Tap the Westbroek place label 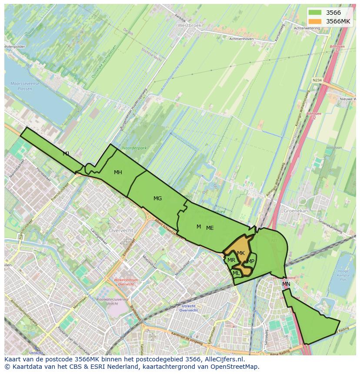(x=190, y=26)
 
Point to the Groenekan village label (x=295, y=210)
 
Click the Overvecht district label (x=121, y=230)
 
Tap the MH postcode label (x=118, y=172)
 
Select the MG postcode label (x=157, y=199)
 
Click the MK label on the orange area (x=241, y=253)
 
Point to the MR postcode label (x=231, y=260)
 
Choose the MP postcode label (x=251, y=261)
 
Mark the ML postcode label (x=236, y=273)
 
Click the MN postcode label (x=286, y=284)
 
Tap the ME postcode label (x=210, y=228)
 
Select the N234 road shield (x=317, y=79)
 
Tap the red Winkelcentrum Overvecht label (x=125, y=282)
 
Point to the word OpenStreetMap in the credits (x=237, y=367)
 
